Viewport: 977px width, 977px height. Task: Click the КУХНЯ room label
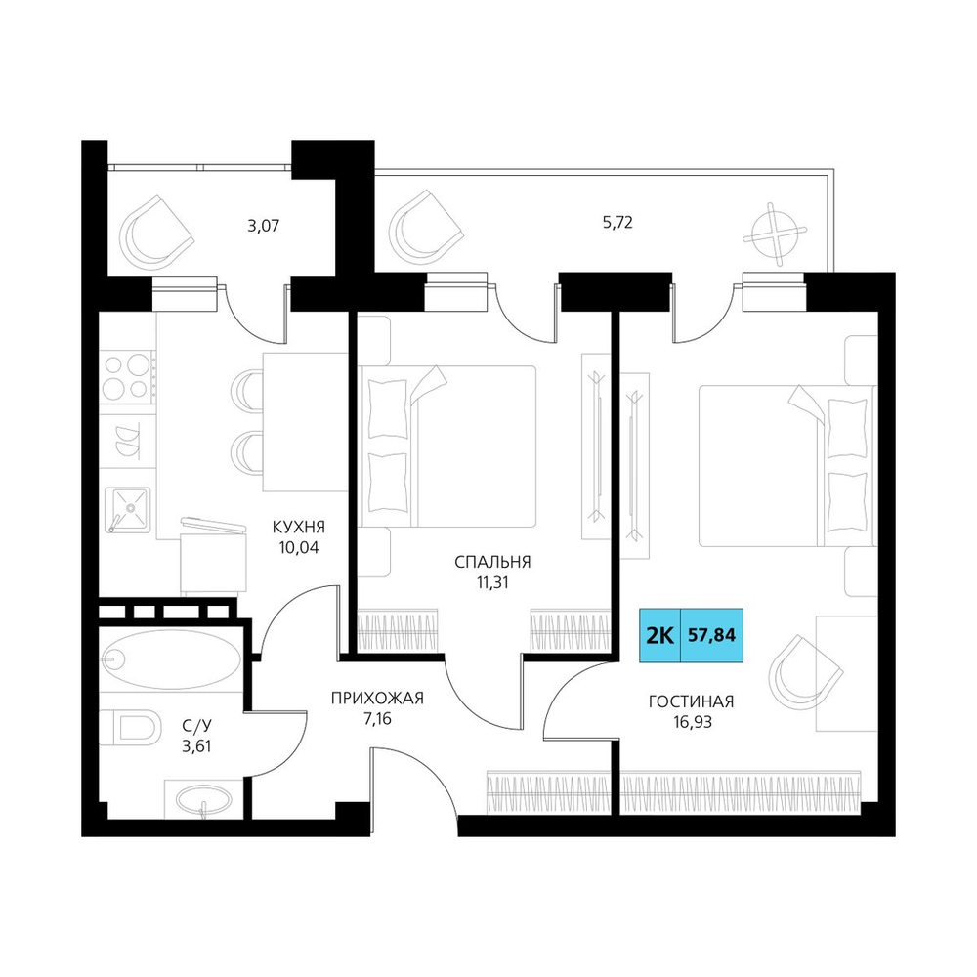[x=298, y=528]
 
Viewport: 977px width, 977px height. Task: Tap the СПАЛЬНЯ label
[x=492, y=562]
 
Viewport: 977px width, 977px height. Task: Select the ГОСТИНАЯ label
[x=691, y=701]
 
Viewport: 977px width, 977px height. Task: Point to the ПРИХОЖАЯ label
[x=377, y=699]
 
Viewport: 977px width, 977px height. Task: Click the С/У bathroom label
[x=197, y=725]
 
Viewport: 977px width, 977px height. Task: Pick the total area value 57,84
[x=711, y=635]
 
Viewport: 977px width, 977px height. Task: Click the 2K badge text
[x=659, y=636]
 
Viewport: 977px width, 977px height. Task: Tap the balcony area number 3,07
[x=264, y=226]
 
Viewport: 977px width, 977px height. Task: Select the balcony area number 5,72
[x=617, y=223]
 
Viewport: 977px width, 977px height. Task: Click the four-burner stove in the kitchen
[x=128, y=376]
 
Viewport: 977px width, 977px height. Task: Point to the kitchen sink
[x=128, y=510]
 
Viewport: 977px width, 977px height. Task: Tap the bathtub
[x=170, y=659]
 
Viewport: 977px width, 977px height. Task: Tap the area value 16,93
[x=691, y=722]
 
